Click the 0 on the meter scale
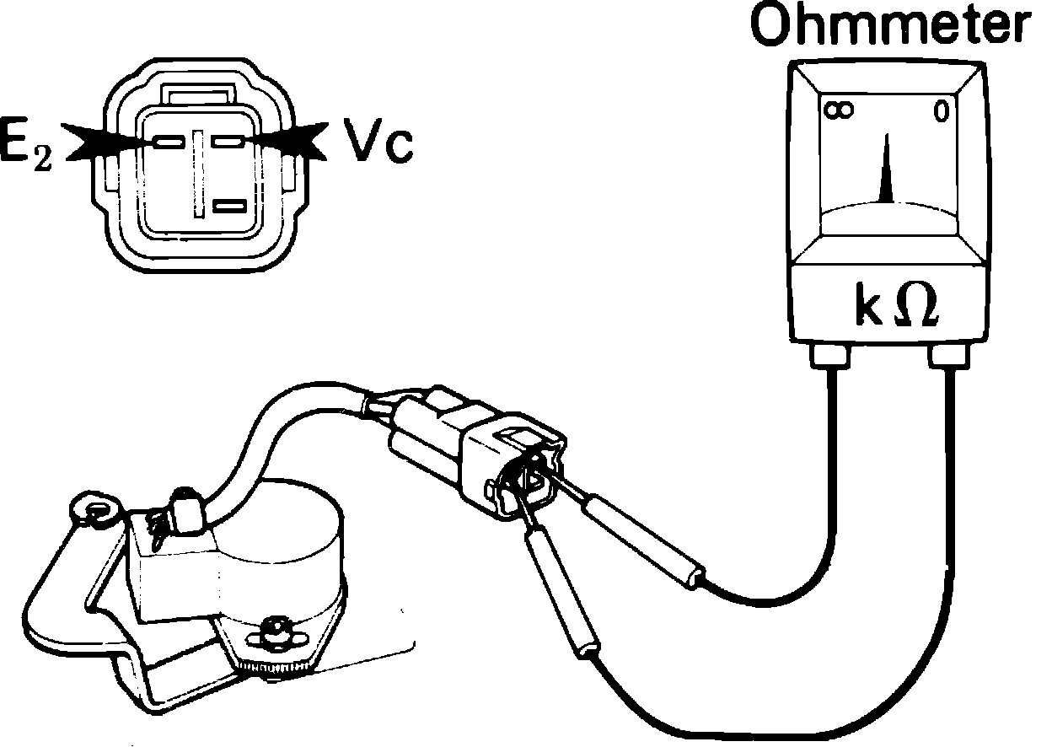pos(942,111)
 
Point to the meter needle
pos(885,173)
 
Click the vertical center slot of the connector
pos(199,173)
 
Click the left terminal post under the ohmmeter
pos(831,357)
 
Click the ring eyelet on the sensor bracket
pos(94,510)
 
